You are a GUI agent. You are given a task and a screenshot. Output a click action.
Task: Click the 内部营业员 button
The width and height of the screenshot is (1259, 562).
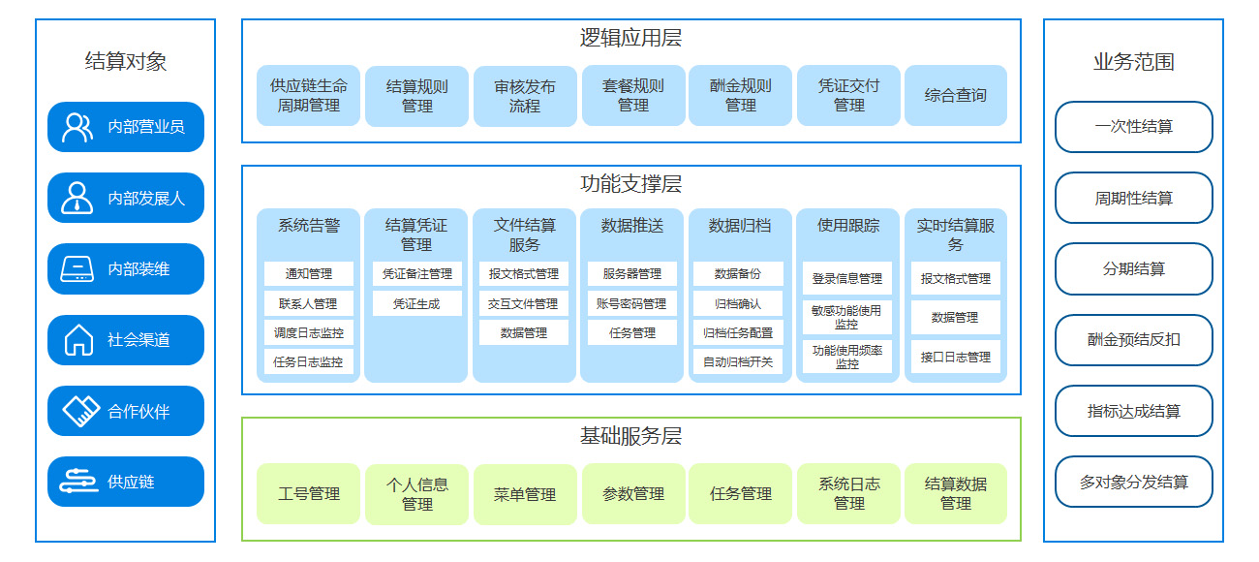(126, 127)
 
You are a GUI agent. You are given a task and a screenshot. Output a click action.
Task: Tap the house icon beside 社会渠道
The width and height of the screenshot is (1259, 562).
(78, 340)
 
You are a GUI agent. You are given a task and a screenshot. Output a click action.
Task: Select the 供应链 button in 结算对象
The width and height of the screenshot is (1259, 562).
(126, 482)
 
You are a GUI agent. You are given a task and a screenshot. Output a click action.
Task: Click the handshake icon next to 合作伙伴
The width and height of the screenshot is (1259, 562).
(80, 411)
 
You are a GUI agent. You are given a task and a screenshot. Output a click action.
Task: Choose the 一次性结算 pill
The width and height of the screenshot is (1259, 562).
(1134, 127)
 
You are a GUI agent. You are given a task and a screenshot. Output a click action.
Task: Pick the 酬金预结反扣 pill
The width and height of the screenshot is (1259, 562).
(1134, 340)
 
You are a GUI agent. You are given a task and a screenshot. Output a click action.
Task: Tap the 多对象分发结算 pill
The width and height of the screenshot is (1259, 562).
(1134, 483)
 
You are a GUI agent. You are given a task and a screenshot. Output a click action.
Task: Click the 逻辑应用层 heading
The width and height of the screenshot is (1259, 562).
(631, 38)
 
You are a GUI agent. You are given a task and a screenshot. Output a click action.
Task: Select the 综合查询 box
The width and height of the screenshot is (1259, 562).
(956, 95)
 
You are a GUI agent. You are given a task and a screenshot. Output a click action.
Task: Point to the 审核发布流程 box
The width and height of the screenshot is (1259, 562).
(525, 96)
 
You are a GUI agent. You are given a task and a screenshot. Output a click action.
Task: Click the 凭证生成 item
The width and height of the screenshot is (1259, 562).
(416, 304)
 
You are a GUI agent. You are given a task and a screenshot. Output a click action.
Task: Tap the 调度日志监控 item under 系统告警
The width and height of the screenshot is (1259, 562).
(309, 333)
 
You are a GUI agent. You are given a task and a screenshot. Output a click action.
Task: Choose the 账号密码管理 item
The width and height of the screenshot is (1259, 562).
(631, 304)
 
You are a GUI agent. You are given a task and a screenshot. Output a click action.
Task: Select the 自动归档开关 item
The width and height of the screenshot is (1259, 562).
(738, 361)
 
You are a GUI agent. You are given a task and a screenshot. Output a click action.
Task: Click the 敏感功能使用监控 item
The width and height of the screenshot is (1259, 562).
(846, 317)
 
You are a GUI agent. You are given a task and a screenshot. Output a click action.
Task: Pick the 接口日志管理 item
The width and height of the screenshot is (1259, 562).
(956, 357)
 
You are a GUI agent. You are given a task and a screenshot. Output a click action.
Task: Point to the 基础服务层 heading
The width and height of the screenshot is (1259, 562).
(631, 436)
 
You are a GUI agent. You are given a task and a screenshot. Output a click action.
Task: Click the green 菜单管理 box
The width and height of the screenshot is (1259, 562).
(525, 494)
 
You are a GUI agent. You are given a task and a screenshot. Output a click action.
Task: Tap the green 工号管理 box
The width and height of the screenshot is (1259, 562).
(309, 494)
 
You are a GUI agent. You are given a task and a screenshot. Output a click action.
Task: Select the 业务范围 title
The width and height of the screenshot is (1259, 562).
(1134, 62)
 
